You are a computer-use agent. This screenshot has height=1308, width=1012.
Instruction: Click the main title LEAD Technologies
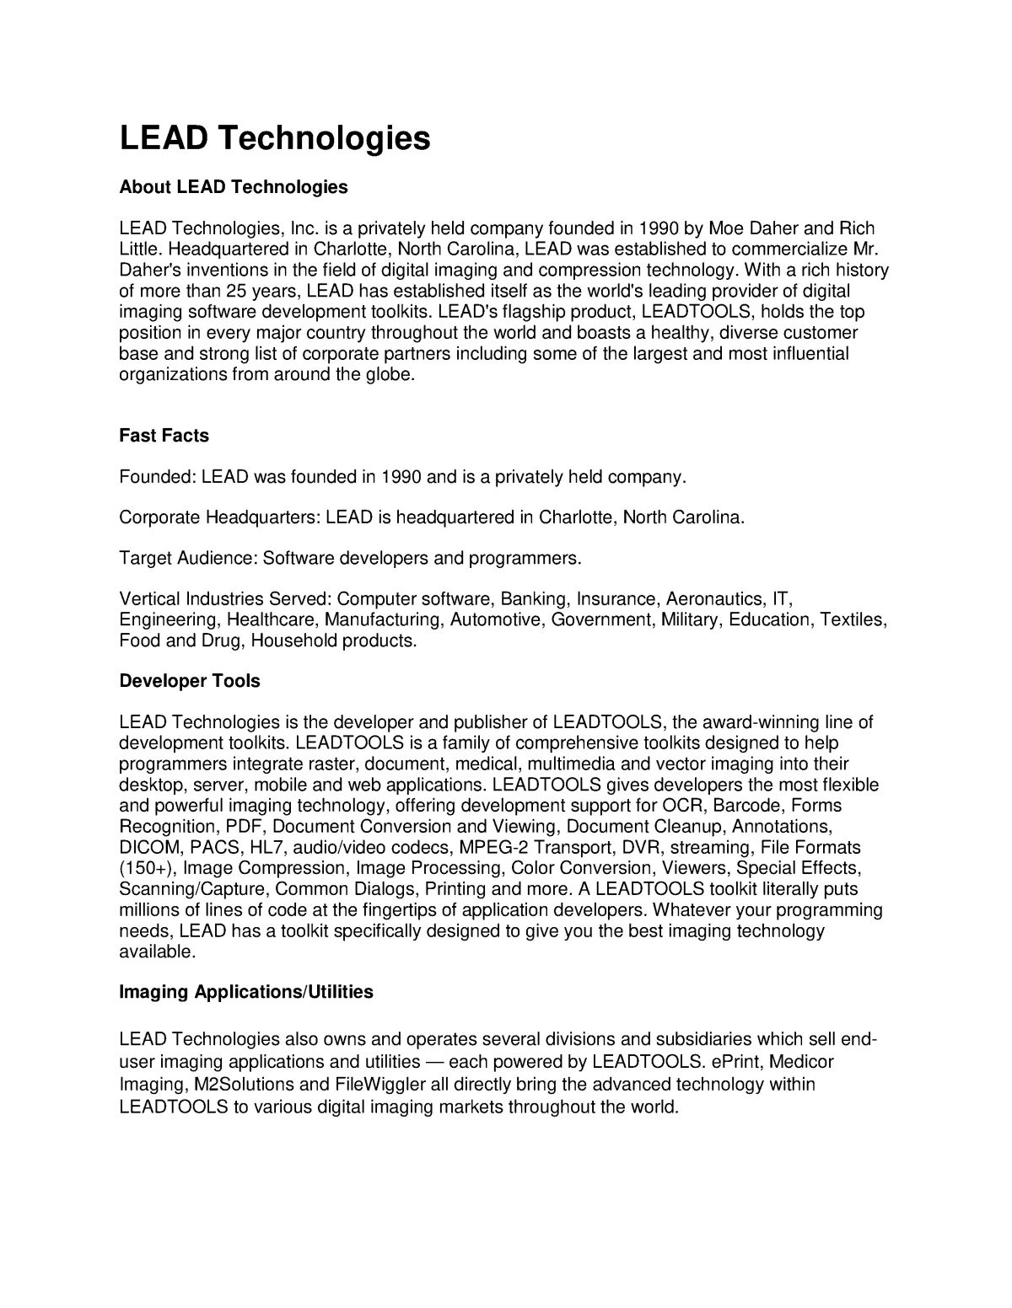(x=275, y=137)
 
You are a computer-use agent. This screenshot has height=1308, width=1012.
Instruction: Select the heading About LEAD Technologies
(x=234, y=187)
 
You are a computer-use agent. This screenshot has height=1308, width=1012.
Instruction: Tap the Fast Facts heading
(x=164, y=436)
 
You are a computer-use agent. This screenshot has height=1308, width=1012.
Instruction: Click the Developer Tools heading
(x=190, y=681)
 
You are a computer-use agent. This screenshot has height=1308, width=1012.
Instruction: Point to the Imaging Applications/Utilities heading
(x=246, y=992)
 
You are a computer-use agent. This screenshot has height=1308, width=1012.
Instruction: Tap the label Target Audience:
(x=188, y=559)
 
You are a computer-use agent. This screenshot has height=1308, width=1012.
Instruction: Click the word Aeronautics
(x=714, y=599)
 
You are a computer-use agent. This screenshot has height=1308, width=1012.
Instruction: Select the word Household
(x=293, y=641)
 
